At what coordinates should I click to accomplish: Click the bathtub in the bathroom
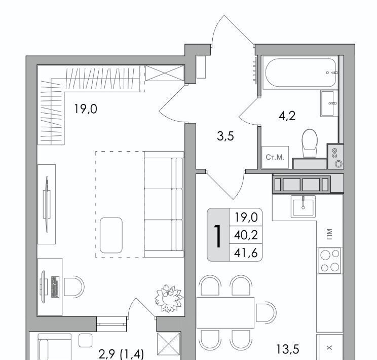pos(300,73)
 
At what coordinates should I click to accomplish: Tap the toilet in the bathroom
pos(310,143)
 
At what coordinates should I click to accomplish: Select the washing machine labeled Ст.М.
pos(275,157)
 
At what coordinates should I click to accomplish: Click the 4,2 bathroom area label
pos(287,116)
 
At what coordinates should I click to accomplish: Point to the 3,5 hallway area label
pos(225,136)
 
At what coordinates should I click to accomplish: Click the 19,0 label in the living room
pos(86,109)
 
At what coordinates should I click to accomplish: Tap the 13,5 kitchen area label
pos(288,349)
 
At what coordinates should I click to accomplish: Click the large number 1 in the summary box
pos(218,236)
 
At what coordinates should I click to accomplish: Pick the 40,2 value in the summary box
pos(246,235)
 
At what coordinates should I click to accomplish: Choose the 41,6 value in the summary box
pos(246,253)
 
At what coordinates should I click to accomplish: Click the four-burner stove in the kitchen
pos(330,261)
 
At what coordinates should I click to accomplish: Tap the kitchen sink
pos(303,206)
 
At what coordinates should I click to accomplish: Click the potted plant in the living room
pos(169,298)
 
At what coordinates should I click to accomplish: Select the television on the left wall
pos(47,204)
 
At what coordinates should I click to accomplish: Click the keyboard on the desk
pos(55,286)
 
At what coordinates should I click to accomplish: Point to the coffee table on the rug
pos(111,235)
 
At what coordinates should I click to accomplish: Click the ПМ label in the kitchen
pos(329,234)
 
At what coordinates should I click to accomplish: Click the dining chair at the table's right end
pos(266,313)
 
